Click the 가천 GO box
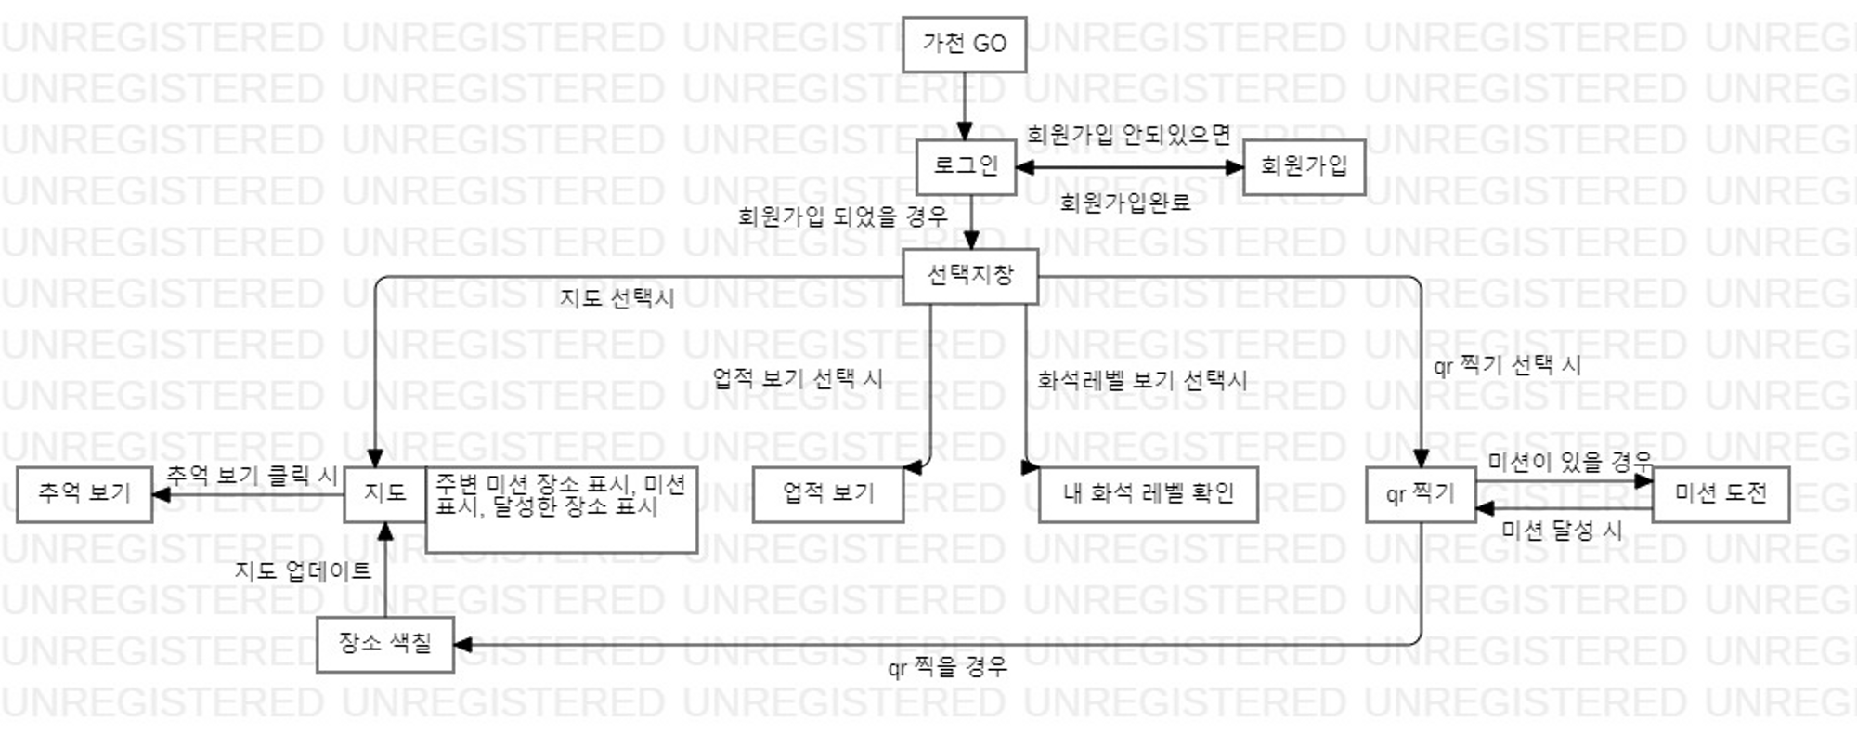coord(964,44)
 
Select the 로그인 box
coord(965,166)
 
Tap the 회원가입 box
coord(1303,166)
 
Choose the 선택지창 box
coord(969,276)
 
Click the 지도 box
coord(384,493)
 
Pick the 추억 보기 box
coord(84,493)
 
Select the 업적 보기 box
coord(827,493)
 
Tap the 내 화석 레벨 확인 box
coord(1148,493)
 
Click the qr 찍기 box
coord(1420,494)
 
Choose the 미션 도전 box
coord(1721,494)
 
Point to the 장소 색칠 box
coord(384,643)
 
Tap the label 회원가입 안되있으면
coord(1128,136)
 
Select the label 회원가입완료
coord(1124,203)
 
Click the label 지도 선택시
coord(617,299)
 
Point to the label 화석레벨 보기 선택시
coord(1142,380)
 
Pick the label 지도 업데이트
coord(303,570)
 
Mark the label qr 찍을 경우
coord(947,667)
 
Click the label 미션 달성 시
coord(1562,531)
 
